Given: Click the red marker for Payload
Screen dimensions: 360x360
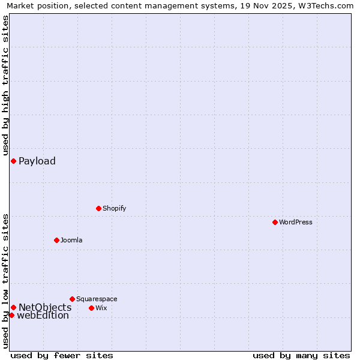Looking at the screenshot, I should coord(13,161).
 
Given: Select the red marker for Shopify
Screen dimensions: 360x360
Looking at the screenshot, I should coord(98,208).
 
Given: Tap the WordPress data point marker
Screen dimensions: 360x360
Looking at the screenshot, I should coord(275,222).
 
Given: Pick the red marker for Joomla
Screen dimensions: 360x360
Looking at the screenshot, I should coord(56,240).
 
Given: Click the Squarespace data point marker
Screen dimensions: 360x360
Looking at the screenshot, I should coord(72,299).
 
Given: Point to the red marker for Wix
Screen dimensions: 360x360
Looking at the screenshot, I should coord(91,308).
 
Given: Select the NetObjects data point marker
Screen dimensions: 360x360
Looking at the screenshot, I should coord(13,307).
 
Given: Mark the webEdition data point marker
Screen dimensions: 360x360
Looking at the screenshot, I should coord(11,315).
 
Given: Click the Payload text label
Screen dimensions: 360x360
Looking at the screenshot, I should coord(37,161).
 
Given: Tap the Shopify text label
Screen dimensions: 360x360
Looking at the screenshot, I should coord(114,208).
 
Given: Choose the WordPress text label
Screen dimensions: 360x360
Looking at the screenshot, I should coord(296,222).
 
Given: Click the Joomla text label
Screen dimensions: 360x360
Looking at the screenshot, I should coord(71,240).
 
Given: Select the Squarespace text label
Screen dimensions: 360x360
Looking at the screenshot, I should coord(97,299).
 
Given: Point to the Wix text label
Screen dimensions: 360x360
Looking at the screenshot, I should coord(101,308).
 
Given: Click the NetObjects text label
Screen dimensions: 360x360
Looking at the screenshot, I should coord(45,307).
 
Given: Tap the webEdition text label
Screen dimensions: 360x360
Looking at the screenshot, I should coord(43,316).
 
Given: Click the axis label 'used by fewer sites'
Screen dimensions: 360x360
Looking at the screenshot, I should coord(62,355).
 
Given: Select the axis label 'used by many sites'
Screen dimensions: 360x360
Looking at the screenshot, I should coord(301,355).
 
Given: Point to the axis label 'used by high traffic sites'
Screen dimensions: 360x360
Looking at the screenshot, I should coord(5,86).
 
